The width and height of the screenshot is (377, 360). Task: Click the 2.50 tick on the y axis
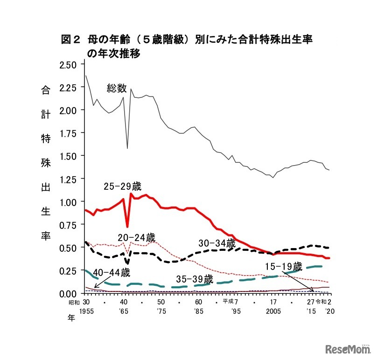pos(69,64)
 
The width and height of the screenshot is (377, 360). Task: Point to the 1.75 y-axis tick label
pos(69,133)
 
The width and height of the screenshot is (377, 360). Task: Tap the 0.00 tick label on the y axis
pos(69,293)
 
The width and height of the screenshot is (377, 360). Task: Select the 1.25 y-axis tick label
pos(69,179)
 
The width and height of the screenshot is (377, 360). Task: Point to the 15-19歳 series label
pos(284,267)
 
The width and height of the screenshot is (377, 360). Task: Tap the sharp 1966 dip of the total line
pos(127,148)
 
